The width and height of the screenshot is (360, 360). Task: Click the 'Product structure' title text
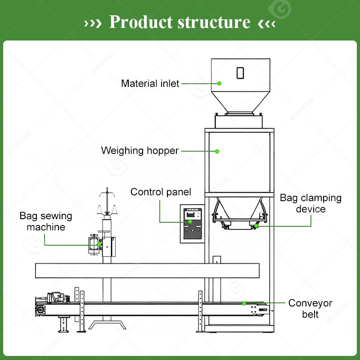pos(180,22)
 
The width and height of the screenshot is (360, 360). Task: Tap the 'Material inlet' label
pos(150,83)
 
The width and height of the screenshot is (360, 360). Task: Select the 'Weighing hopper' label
pos(139,151)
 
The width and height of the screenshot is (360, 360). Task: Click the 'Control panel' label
pos(161,192)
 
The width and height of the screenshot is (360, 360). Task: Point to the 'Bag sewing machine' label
pos(45,221)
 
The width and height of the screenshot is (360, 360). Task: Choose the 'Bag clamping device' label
pos(310,203)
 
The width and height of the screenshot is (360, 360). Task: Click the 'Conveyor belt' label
pos(310,309)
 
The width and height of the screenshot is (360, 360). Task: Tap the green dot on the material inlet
pos(220,83)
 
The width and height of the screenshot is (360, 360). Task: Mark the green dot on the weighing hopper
pos(217,151)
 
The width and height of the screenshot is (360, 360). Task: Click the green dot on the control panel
pos(190,221)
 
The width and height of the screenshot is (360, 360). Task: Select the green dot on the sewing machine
pos(99,245)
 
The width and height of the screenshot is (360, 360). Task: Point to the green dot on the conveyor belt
pos(244,303)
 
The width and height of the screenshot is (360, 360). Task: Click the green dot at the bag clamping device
pos(256,226)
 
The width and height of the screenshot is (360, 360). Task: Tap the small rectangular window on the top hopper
pos(240,72)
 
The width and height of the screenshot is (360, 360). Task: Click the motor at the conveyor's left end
pos(56,297)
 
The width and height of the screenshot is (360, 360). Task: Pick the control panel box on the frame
pos(191,224)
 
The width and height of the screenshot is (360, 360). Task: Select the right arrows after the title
pos(266,22)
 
